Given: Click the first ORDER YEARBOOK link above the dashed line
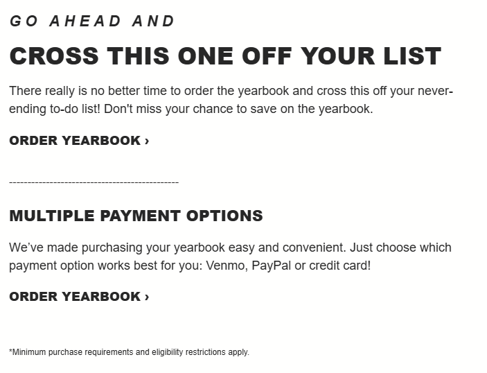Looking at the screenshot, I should (x=79, y=141).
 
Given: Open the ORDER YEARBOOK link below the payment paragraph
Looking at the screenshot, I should (x=79, y=297).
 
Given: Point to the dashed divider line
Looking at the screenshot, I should (x=94, y=182).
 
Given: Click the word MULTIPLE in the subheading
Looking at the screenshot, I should (x=51, y=216).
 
